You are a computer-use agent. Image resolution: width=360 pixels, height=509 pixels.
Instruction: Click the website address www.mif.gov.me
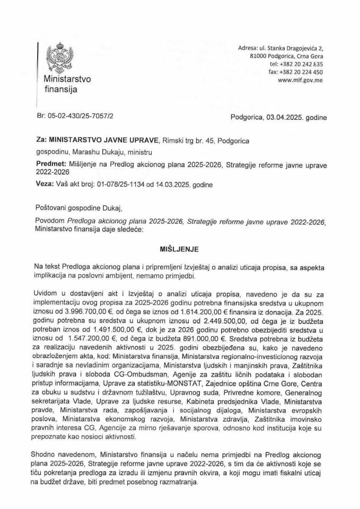(300, 81)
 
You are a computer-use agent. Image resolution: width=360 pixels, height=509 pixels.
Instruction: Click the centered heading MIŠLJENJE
(180, 248)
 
